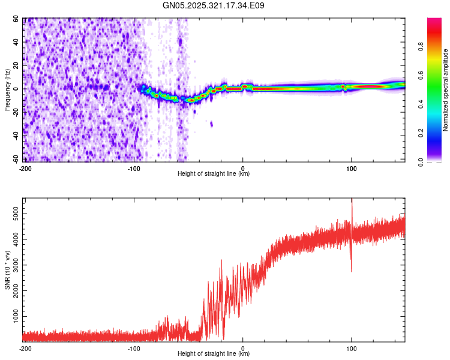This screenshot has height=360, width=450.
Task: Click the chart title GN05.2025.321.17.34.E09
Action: (x=214, y=5)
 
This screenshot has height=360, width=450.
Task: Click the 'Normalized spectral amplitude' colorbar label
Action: (x=446, y=90)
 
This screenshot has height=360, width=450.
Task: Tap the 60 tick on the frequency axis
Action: (x=16, y=19)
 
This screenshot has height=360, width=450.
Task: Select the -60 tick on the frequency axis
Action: (x=15, y=158)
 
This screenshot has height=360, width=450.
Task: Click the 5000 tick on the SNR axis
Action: (x=13, y=213)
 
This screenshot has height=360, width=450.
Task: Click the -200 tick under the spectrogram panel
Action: (x=25, y=169)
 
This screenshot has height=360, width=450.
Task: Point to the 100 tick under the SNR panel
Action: (x=352, y=349)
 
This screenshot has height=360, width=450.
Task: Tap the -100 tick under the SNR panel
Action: (x=133, y=349)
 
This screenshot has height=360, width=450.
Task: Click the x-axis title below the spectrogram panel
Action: (x=214, y=174)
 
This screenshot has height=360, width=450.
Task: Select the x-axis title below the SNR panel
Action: (x=214, y=354)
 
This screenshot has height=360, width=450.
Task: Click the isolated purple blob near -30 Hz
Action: (x=211, y=124)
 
